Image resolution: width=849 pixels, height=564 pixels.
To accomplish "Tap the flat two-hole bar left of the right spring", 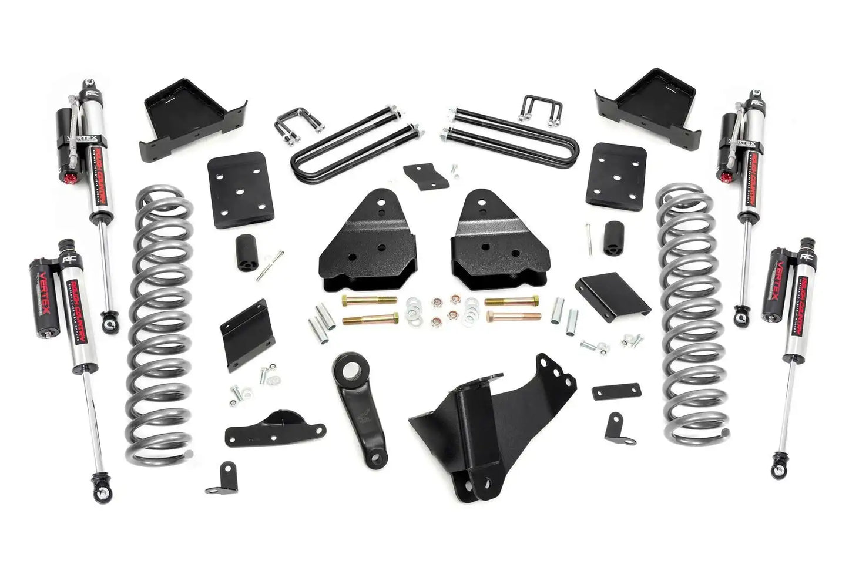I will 616,391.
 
